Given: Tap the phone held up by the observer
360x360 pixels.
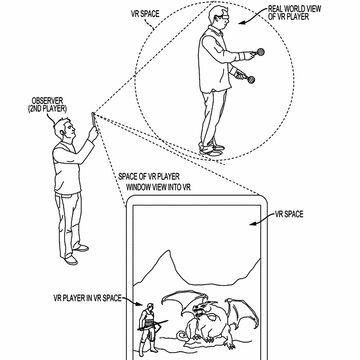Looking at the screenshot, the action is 96,122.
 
